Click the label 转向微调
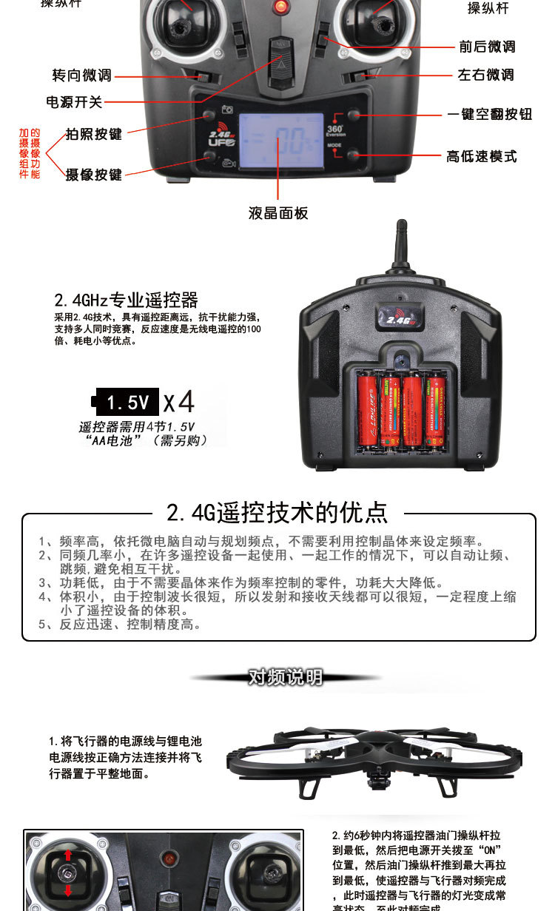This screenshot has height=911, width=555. click(x=81, y=75)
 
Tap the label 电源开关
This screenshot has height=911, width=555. click(x=74, y=102)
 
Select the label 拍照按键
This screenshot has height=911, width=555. click(x=93, y=134)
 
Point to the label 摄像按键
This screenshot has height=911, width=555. click(x=93, y=175)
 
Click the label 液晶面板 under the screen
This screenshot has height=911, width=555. click(x=278, y=213)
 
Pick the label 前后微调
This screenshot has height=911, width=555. click(x=487, y=47)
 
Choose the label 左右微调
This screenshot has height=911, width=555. click(x=485, y=75)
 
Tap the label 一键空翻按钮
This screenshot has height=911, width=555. click(x=490, y=114)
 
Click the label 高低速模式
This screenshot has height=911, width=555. click(x=482, y=156)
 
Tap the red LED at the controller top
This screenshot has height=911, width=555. click(x=280, y=7)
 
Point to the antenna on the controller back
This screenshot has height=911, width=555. click(x=400, y=247)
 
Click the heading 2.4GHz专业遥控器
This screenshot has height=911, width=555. click(x=126, y=300)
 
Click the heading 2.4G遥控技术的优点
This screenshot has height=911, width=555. click(x=277, y=513)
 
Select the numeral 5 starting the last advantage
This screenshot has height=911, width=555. click(x=42, y=625)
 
